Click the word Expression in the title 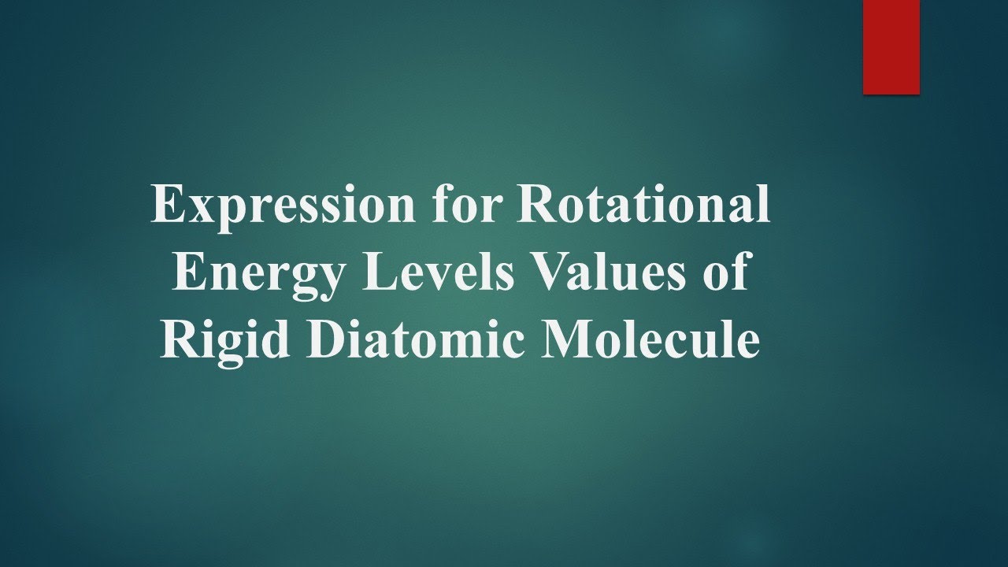[x=283, y=206]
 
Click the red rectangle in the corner [x=891, y=46]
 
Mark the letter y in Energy [x=329, y=280]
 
